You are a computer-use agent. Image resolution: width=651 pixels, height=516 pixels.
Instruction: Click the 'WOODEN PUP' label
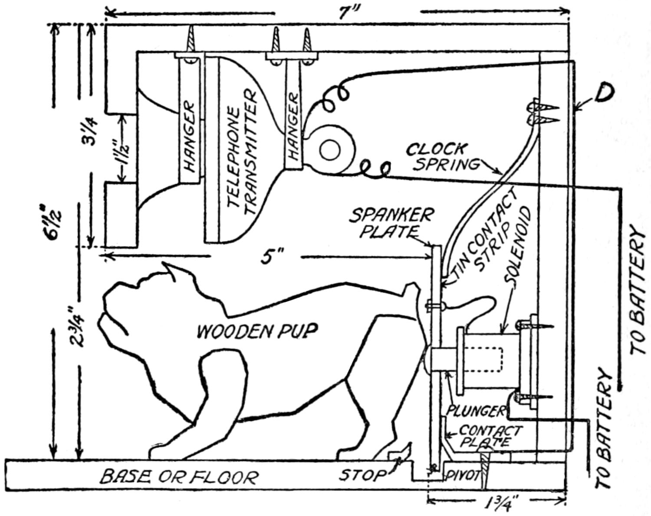click(x=257, y=331)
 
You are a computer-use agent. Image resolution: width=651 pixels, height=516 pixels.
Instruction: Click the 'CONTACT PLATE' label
click(x=490, y=437)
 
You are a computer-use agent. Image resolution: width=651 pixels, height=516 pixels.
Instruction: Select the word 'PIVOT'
click(x=463, y=475)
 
